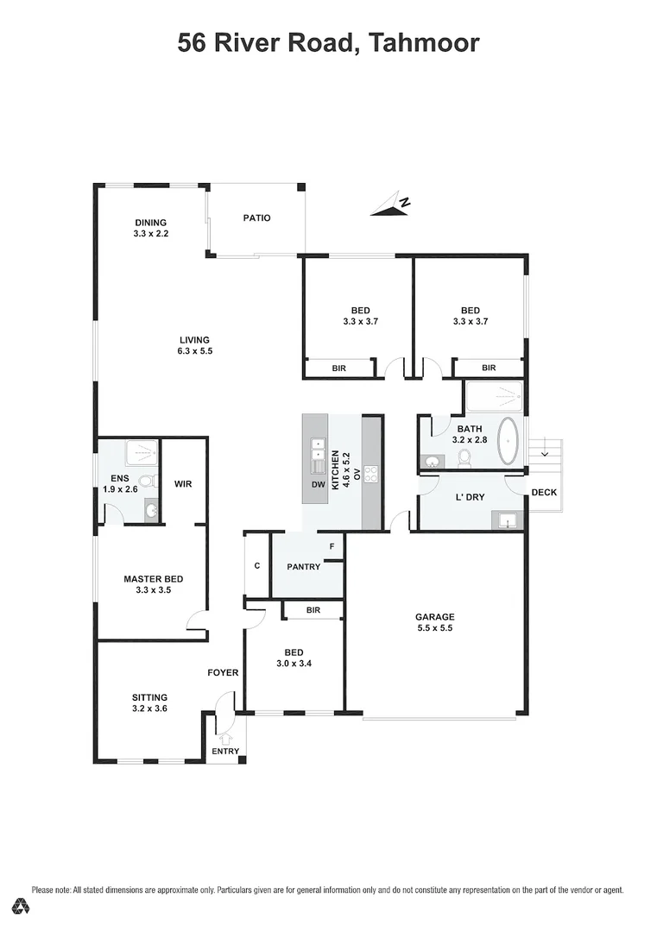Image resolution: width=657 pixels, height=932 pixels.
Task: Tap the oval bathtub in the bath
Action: tap(509, 441)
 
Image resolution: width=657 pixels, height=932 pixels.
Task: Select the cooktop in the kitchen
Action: tap(371, 474)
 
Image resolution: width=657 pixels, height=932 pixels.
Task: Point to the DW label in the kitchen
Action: tap(319, 484)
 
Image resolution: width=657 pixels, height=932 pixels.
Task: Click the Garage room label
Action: tap(434, 617)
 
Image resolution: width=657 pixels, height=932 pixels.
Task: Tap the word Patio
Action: tap(257, 218)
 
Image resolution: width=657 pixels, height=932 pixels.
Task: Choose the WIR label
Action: tap(183, 484)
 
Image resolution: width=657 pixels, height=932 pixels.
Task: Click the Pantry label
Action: tap(304, 566)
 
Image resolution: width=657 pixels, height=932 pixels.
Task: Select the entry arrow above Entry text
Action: tap(225, 738)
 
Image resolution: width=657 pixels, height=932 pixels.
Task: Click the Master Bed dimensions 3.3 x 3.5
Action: tap(154, 590)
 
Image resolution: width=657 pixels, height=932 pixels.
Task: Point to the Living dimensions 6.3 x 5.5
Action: tap(194, 351)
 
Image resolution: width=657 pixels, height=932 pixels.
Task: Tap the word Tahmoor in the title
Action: tap(424, 43)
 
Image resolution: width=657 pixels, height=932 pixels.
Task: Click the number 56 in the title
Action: tap(192, 43)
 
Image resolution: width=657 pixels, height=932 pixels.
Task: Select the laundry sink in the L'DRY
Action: tap(507, 520)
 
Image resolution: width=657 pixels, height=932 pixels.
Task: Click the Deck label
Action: tap(544, 492)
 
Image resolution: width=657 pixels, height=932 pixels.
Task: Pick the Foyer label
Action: tap(223, 673)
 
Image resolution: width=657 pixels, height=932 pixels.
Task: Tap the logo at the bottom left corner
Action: tap(22, 905)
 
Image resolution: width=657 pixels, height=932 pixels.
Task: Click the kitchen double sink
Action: tap(319, 450)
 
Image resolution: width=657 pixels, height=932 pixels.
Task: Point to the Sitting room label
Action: tap(150, 698)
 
